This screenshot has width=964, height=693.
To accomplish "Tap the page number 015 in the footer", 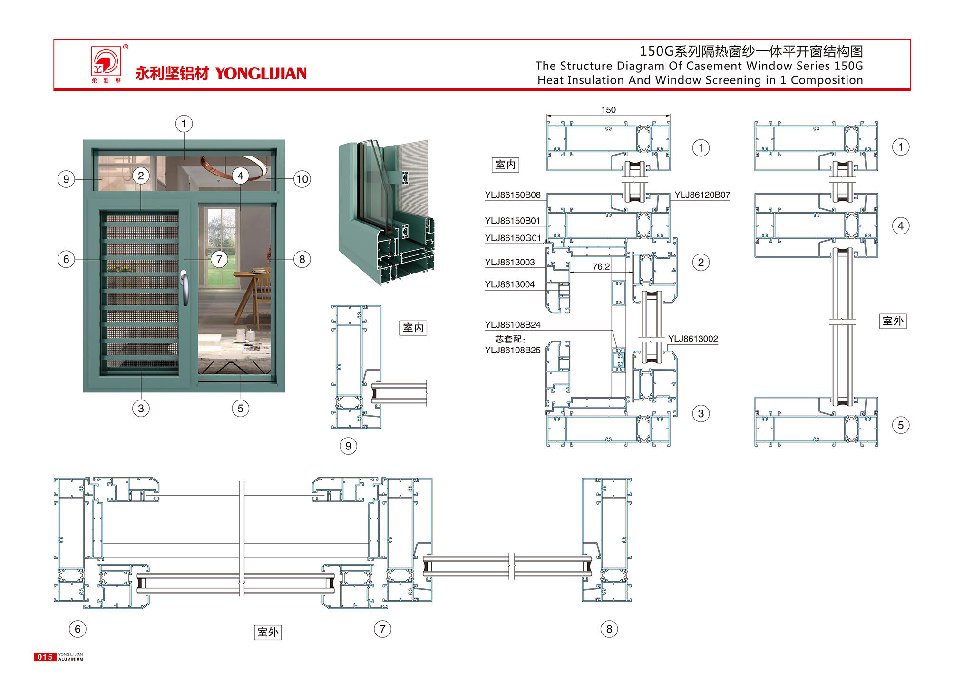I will tap(45, 657).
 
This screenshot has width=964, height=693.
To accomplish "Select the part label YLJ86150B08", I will tap(512, 195).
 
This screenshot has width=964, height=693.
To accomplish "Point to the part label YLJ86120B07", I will tap(702, 195).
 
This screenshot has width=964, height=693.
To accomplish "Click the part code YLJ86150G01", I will tap(513, 238).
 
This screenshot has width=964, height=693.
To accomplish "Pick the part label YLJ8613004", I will tap(509, 284).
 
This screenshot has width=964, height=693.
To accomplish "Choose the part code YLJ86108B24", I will tap(512, 325).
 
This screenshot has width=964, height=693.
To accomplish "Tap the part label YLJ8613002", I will tap(692, 339).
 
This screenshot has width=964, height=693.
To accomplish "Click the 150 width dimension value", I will tap(608, 110).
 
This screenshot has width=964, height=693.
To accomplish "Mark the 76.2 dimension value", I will tap(601, 267).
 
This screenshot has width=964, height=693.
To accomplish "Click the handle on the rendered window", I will tap(184, 287).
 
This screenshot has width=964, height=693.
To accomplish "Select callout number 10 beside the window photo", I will tap(302, 179).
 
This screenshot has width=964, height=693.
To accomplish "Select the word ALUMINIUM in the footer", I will tap(71, 659).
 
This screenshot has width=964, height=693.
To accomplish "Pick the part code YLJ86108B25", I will tap(512, 350).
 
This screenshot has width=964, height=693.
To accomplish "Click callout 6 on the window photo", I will tap(66, 259).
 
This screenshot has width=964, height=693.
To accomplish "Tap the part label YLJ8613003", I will tap(509, 262).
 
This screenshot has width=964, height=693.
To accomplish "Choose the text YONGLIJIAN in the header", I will tap(261, 73).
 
